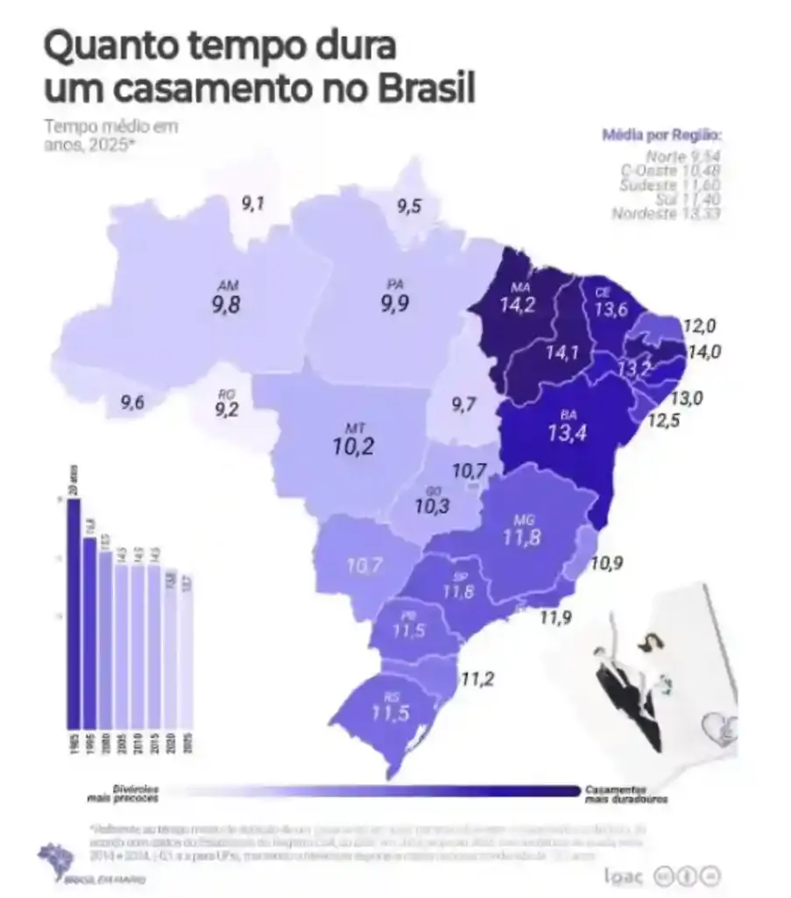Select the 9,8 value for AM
coord(226,304)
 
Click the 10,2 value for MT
coord(355,446)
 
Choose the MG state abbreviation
coord(523,519)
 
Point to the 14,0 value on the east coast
coord(702,353)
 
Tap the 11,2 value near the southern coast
coord(478,678)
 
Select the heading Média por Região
coord(662,135)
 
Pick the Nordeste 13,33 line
coord(666,213)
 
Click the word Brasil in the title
coord(427,89)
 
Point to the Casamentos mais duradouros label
coord(626,794)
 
